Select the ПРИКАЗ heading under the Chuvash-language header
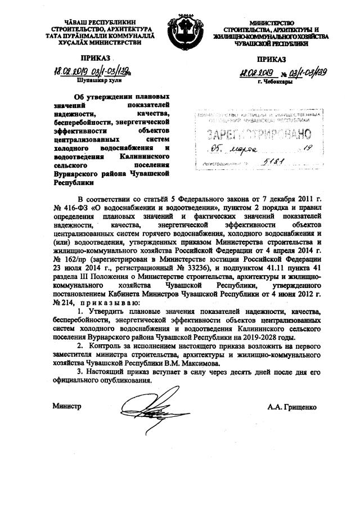[x=97, y=57]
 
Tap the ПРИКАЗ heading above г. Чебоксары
[x=272, y=60]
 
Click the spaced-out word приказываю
[x=102, y=301]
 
